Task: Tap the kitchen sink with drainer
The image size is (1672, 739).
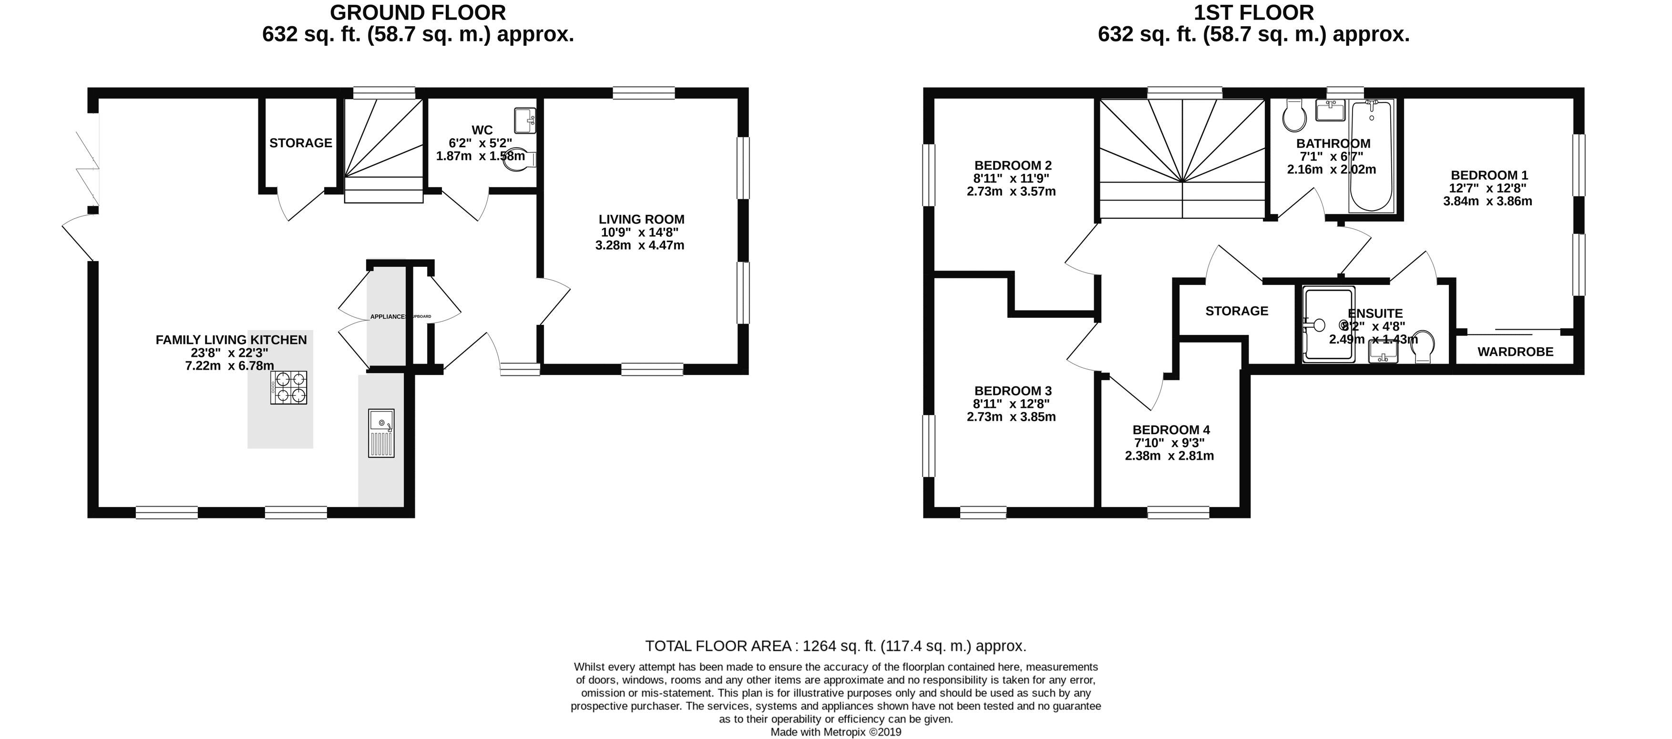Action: tap(381, 433)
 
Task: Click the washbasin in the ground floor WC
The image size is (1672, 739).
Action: tap(524, 120)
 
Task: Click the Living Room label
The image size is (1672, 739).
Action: tap(641, 219)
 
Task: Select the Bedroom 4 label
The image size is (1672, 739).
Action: tap(1171, 429)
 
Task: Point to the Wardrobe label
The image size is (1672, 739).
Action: tap(1516, 352)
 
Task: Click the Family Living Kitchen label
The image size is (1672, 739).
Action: tap(231, 339)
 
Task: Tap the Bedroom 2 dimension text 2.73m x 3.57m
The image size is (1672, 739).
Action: tap(1011, 192)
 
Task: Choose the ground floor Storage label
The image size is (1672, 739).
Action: tap(300, 143)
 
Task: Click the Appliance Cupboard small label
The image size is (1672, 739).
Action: tap(400, 317)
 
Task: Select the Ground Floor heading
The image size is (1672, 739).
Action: tap(417, 12)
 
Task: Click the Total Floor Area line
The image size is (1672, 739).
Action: tap(835, 646)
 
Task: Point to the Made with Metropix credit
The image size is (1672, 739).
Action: tap(835, 732)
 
